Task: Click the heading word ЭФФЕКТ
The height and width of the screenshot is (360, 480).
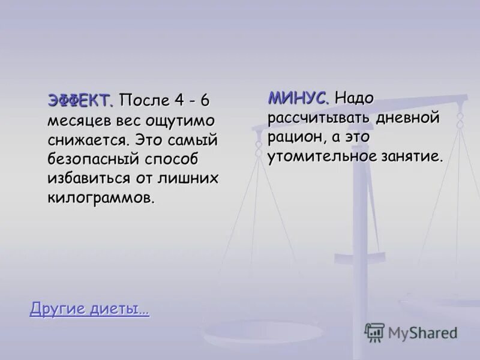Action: pyautogui.click(x=80, y=100)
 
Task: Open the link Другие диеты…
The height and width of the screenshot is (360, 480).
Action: pyautogui.click(x=89, y=310)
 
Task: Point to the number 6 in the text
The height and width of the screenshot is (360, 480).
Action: pyautogui.click(x=205, y=100)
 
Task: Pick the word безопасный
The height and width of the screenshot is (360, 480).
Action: pyautogui.click(x=93, y=160)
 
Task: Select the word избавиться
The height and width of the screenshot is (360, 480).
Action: pyautogui.click(x=96, y=179)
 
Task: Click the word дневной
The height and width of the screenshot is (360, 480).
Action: pyautogui.click(x=408, y=117)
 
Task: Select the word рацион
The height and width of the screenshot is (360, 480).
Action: pyautogui.click(x=298, y=137)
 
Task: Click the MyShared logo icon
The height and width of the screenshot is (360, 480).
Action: pyautogui.click(x=374, y=332)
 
